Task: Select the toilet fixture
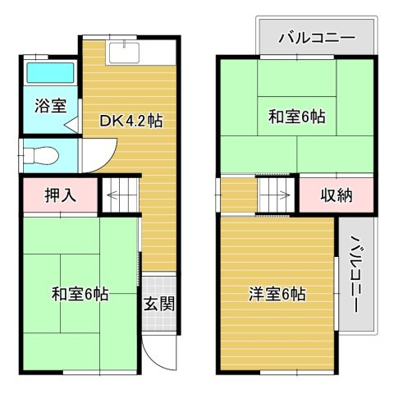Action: [x=39, y=154]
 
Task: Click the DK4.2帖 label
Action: [x=131, y=121]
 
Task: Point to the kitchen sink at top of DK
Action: [x=124, y=51]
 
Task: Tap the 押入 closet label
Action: [x=59, y=195]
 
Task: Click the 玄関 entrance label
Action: [x=160, y=304]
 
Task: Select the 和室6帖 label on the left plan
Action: [x=80, y=293]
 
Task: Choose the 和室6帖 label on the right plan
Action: [x=296, y=117]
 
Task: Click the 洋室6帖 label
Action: [x=277, y=293]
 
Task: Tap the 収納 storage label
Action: [x=337, y=195]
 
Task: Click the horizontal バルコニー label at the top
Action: [x=316, y=37]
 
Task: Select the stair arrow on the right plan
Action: [x=277, y=195]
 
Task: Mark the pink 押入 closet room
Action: [x=59, y=195]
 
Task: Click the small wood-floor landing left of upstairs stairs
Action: [x=239, y=195]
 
